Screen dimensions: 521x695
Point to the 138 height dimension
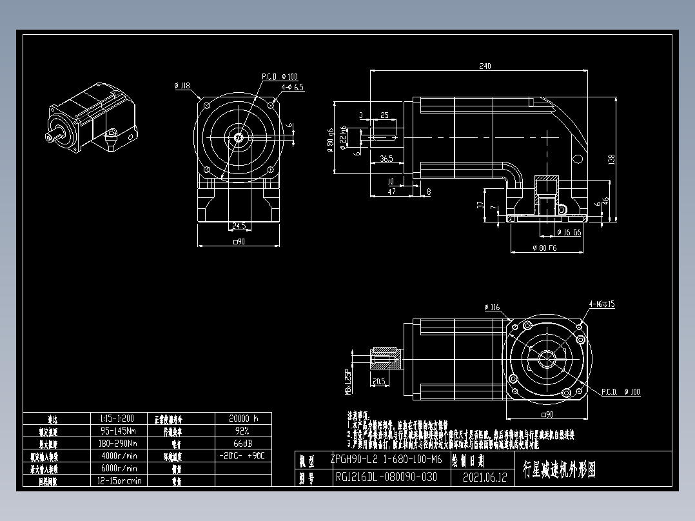[611, 158]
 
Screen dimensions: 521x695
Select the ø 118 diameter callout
[182, 85]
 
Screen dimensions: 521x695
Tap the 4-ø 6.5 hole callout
[292, 86]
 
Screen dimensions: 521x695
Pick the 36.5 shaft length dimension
[386, 158]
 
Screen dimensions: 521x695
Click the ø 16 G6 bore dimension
[569, 232]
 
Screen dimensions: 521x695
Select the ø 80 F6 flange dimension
[543, 248]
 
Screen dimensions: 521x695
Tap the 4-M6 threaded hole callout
[601, 304]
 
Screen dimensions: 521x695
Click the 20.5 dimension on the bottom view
[379, 381]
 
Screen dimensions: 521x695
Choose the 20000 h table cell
[242, 418]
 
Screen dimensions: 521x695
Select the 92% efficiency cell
[242, 431]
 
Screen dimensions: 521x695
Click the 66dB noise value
[242, 444]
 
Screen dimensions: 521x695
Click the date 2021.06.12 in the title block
[485, 478]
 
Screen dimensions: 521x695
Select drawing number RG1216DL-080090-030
[386, 478]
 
